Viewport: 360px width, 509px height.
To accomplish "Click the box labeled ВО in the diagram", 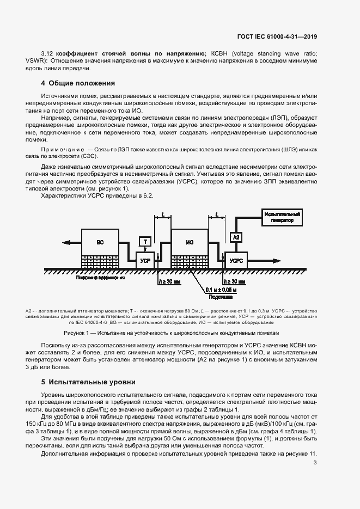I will point(100,242).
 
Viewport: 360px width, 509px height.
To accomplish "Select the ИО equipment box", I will point(190,242).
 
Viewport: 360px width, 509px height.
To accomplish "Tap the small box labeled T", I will point(145,241).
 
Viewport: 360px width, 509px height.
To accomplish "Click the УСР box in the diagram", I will point(145,261).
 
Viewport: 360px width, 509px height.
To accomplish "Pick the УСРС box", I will point(236,261).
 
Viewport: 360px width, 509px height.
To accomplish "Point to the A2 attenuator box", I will point(236,237).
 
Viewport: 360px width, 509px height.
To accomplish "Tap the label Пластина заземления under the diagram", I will point(101,277).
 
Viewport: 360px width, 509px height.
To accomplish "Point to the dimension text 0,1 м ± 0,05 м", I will point(222,290).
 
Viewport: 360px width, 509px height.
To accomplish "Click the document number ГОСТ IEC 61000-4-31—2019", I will point(277,36).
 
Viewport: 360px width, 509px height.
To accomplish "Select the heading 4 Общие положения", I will point(78,83).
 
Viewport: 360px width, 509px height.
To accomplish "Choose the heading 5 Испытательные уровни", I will point(88,382).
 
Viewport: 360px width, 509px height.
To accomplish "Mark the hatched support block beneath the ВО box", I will point(100,261).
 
